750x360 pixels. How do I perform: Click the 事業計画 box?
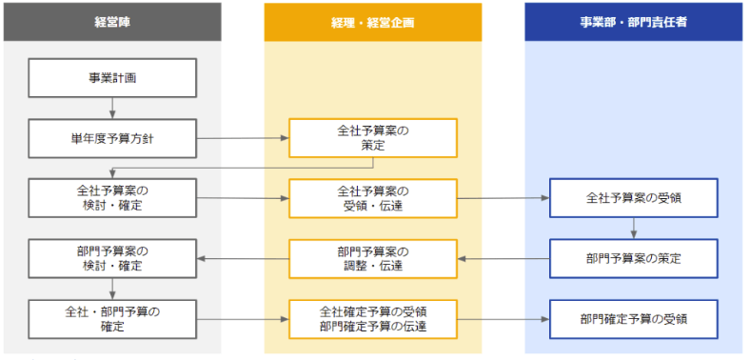pos(112,77)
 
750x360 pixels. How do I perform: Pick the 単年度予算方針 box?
pos(112,138)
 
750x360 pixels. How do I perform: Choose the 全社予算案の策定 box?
pos(373,138)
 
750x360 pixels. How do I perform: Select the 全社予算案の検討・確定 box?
pos(112,198)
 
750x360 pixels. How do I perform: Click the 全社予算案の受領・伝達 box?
pos(373,198)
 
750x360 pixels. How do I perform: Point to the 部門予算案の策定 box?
pos(633,258)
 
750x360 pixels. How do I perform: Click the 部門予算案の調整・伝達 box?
pos(373,258)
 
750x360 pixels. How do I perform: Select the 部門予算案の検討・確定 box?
pos(112,258)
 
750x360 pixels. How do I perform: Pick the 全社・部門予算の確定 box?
pos(112,318)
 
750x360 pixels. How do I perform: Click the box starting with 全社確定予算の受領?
pos(373,318)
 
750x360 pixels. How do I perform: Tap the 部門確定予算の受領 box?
pos(633,318)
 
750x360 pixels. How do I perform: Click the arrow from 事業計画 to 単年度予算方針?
pos(112,108)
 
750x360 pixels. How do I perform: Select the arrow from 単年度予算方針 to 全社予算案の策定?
pos(242,138)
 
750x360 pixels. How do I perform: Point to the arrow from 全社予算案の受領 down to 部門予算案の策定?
pos(633,229)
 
